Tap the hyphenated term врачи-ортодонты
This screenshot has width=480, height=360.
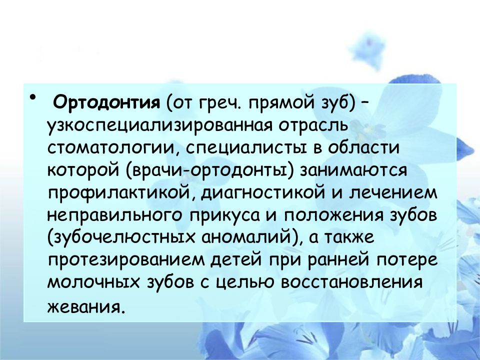coord(212,170)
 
